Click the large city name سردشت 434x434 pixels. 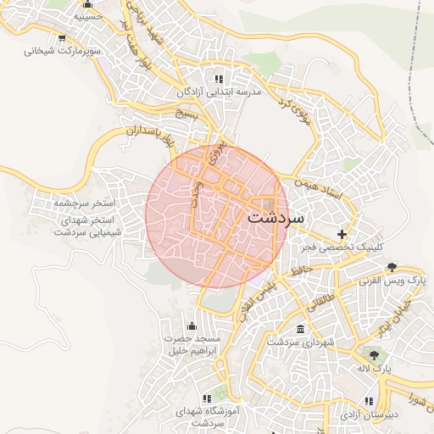(275, 217)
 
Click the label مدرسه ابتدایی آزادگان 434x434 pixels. (216, 92)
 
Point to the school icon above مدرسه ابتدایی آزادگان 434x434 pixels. (224, 79)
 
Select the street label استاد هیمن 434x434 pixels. (319, 188)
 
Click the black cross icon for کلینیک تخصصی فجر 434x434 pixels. (342, 234)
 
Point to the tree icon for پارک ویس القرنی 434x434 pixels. (392, 267)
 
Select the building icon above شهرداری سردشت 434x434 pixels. (300, 329)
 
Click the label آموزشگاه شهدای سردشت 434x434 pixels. (207, 415)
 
